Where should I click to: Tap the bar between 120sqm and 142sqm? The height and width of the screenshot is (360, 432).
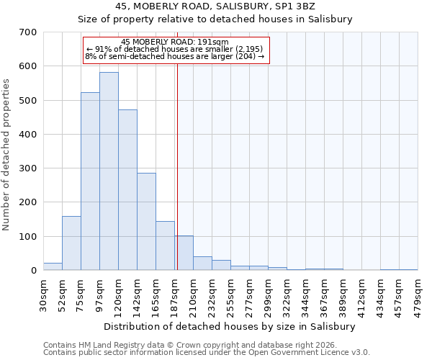pos(127,190)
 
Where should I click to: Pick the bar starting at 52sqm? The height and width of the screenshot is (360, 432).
pos(71,243)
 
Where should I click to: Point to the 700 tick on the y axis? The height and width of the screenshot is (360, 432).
pos(28,32)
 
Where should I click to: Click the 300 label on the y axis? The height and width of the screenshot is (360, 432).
pos(28,168)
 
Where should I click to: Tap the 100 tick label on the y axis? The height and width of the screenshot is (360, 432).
pos(28,237)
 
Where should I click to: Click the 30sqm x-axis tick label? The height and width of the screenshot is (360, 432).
pos(43,293)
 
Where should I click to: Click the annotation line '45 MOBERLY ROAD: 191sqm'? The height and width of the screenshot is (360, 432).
pos(175,42)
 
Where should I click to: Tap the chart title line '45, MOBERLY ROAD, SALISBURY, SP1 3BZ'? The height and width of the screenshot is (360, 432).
pos(215,6)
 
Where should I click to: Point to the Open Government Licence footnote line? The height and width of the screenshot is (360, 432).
pos(207,353)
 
